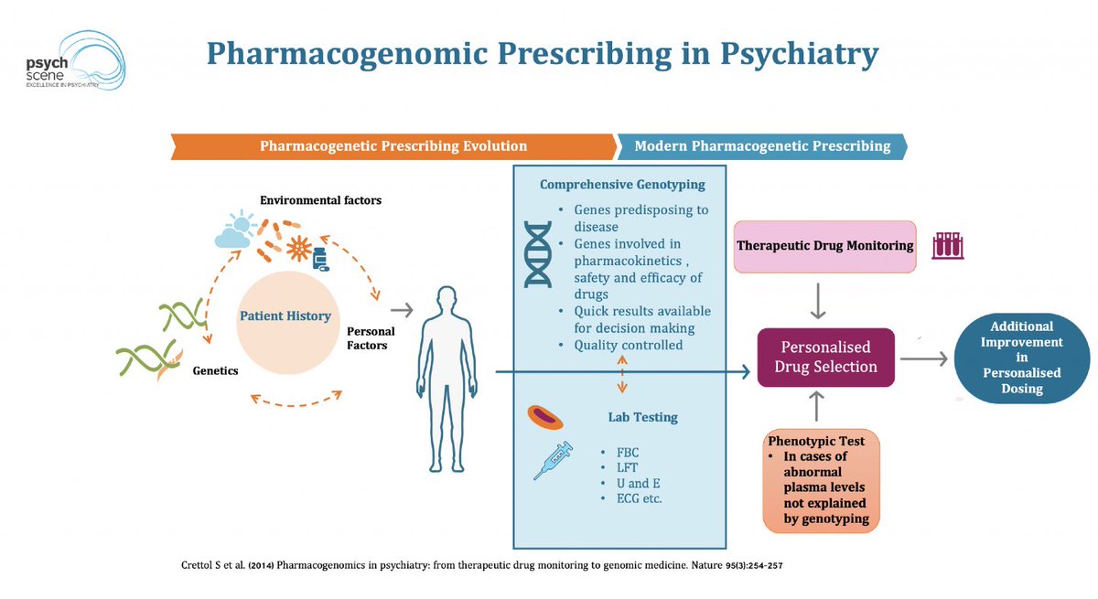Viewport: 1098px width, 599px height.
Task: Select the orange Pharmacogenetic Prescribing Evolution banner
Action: click(393, 145)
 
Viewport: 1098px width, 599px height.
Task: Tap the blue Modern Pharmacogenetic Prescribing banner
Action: click(762, 145)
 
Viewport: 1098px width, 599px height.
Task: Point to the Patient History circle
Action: click(285, 316)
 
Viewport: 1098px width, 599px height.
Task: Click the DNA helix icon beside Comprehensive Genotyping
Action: click(539, 253)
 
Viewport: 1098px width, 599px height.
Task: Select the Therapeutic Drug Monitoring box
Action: click(824, 245)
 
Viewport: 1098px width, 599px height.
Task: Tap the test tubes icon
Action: click(948, 245)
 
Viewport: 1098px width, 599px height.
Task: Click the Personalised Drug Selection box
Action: click(826, 358)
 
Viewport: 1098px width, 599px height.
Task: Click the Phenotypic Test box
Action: click(822, 481)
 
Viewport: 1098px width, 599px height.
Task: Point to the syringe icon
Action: click(553, 459)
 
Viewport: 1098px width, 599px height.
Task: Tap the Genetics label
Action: click(215, 371)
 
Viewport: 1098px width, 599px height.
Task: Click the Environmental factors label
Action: click(320, 199)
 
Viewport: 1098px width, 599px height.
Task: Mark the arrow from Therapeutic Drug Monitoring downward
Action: click(821, 299)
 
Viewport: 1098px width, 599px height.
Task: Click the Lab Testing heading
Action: click(642, 417)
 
